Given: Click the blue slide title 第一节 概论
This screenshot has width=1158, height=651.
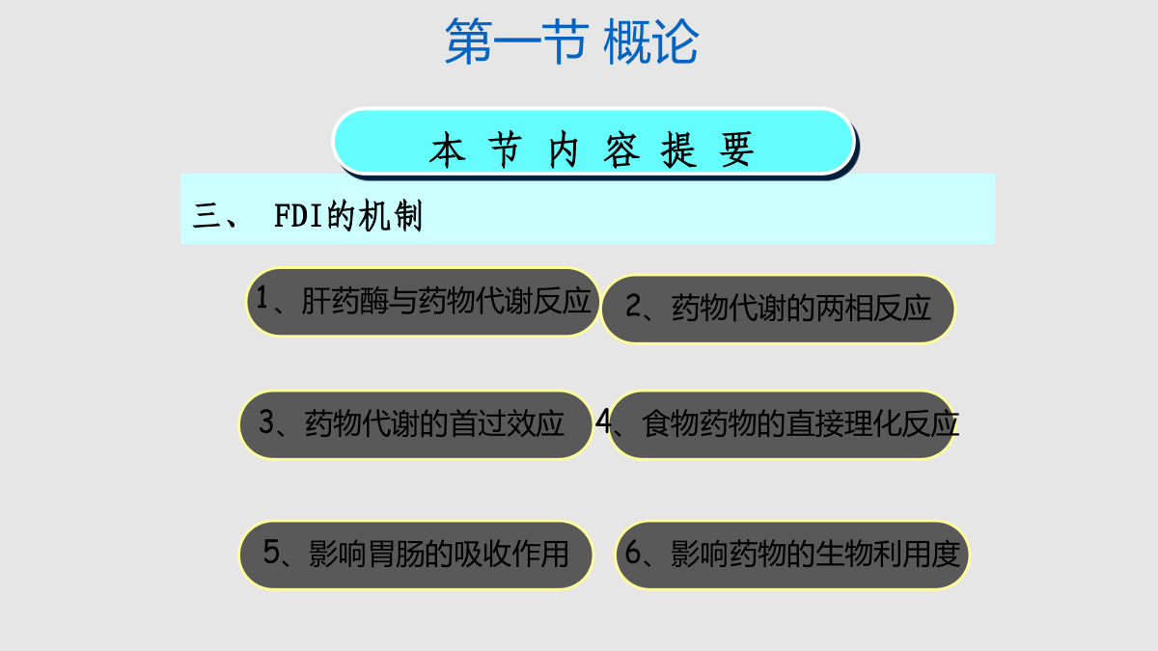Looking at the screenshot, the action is [571, 41].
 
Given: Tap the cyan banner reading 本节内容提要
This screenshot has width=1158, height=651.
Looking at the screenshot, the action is [593, 142].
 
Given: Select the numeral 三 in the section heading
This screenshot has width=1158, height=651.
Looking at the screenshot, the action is [207, 216].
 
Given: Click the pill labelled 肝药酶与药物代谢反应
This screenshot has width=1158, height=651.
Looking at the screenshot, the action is [423, 302].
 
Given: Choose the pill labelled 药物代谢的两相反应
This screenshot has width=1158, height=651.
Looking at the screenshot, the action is [778, 309].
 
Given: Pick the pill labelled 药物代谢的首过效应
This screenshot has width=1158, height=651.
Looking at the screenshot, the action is [416, 424].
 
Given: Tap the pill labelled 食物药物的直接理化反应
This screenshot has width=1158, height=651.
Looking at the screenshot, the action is [781, 424].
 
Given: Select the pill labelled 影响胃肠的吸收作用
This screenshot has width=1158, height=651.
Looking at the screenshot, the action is [416, 555].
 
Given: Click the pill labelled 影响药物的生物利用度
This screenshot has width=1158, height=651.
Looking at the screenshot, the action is [792, 555].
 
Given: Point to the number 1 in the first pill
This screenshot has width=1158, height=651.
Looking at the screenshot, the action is [262, 298].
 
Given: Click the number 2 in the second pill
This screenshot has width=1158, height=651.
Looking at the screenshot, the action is [633, 306].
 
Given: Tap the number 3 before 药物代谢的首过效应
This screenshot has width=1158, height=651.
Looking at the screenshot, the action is [266, 421].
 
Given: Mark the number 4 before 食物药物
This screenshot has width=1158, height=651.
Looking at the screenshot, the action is [604, 420].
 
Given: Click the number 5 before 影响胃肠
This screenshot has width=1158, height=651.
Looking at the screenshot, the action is [271, 552].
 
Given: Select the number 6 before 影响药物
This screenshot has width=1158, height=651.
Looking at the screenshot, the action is [633, 552].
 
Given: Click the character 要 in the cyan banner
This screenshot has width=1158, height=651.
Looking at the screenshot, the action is [736, 149].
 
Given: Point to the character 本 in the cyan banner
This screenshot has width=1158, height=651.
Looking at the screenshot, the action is [447, 149].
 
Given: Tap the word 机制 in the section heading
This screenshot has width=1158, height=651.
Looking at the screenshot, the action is [391, 216].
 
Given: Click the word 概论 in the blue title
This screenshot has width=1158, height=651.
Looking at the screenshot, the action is [651, 41].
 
